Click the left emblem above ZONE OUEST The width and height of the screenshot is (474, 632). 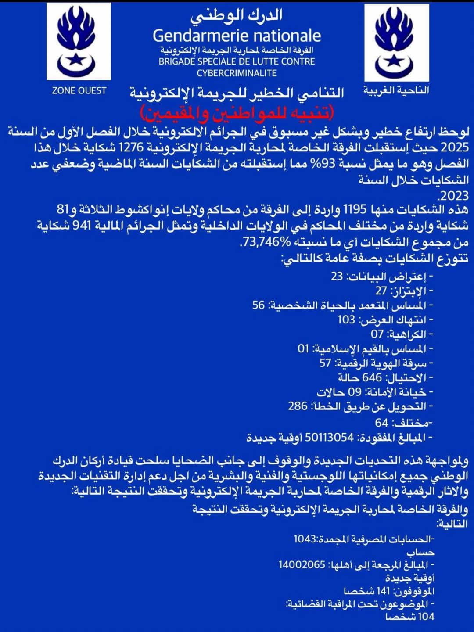point(79,42)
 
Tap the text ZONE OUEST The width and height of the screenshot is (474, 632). point(79,91)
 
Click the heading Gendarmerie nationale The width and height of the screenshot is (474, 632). point(237,36)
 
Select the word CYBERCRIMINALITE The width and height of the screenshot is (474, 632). point(237,73)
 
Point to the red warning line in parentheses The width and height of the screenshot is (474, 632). point(237,113)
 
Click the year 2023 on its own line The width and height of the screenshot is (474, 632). point(454,196)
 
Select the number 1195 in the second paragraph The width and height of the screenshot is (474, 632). point(354,209)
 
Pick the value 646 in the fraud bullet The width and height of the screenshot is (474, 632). point(372,377)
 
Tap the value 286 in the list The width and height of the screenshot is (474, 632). point(298,406)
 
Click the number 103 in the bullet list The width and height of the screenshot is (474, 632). point(346,320)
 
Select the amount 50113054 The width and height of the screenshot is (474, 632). point(329,438)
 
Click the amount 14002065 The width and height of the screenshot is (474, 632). point(302,565)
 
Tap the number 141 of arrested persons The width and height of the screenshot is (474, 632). point(380,591)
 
